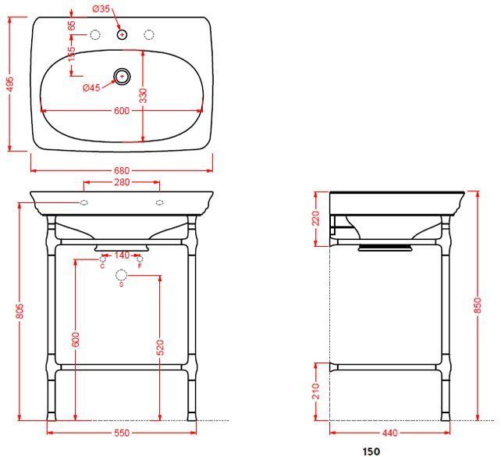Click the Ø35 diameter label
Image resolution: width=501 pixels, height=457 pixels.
pos(100,9)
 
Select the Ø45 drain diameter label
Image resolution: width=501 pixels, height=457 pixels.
pos(91,88)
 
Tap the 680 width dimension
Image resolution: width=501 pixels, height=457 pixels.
pos(122,171)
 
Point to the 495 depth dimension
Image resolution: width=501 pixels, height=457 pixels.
pos(9,83)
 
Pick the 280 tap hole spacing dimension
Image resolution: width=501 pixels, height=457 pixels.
pos(122,183)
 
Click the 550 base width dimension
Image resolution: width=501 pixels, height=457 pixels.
pos(122,432)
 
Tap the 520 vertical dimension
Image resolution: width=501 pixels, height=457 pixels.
pos(159,346)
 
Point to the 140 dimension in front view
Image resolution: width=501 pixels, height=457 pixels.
pos(122,255)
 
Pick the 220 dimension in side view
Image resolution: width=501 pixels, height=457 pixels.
pos(316,218)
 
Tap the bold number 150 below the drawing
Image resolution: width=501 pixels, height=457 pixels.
pos(371,451)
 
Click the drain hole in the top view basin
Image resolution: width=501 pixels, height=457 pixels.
pos(122,76)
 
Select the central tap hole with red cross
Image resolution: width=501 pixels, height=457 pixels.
pos(122,34)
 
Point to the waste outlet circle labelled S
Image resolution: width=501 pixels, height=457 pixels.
pos(121,275)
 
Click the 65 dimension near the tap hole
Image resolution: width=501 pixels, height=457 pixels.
pos(72,26)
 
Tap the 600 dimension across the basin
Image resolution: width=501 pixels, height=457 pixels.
pos(122,111)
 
